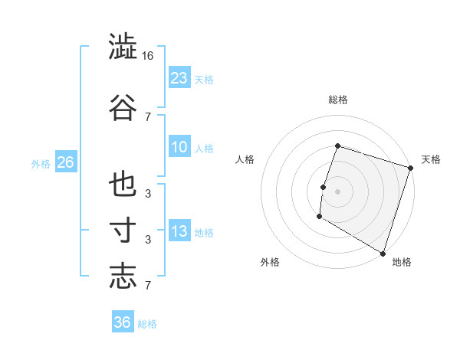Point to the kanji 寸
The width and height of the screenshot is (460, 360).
point(123,232)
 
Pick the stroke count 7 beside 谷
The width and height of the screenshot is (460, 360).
point(148,116)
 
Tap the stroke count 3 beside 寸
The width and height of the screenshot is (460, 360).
point(148,239)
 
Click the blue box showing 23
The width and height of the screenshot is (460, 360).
point(179,77)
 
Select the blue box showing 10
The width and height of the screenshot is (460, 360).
point(179,147)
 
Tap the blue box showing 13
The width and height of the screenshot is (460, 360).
point(179,231)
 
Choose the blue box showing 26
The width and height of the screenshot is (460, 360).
point(65,162)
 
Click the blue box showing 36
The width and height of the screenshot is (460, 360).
point(123,322)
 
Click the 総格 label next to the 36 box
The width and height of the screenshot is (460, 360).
point(148,324)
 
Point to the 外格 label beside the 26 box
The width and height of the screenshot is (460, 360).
point(41,163)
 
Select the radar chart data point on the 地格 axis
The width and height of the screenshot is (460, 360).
point(383,253)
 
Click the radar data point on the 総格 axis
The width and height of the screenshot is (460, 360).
point(337,146)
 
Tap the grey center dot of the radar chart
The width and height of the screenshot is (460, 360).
point(337,191)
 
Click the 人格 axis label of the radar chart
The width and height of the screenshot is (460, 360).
point(245,159)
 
